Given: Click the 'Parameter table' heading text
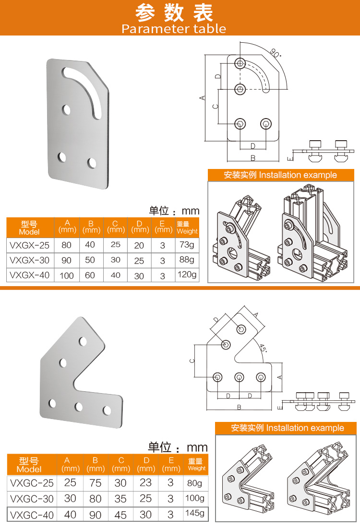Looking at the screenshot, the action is click(x=174, y=29).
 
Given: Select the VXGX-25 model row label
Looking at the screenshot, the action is click(x=30, y=245).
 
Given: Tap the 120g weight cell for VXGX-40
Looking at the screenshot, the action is click(x=187, y=275).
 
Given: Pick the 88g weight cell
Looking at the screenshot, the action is click(x=187, y=260).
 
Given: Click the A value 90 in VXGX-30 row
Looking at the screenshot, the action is click(x=66, y=260).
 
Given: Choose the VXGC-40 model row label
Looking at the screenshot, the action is click(x=32, y=515).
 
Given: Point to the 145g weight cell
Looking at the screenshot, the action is click(x=195, y=513).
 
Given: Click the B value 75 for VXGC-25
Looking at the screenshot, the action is click(x=96, y=483).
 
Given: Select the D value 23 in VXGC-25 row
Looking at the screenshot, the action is click(x=145, y=482).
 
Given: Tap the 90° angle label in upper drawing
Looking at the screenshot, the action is click(x=276, y=53).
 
